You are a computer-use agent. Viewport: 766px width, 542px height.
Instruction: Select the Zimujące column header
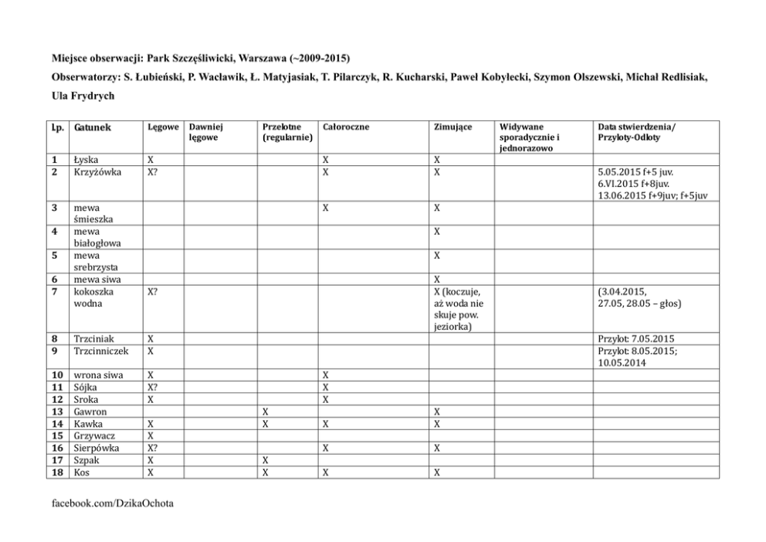coord(452,126)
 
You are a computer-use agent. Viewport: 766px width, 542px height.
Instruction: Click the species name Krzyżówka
coord(97,171)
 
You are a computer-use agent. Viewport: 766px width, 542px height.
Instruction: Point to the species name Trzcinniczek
coord(101,351)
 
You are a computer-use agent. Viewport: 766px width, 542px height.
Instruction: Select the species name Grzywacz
coord(94,435)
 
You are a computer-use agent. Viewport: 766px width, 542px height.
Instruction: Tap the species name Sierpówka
coord(97,448)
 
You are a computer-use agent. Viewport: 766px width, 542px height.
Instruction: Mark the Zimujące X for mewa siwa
coord(437,279)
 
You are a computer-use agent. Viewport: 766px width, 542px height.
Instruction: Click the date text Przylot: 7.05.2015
coord(636,338)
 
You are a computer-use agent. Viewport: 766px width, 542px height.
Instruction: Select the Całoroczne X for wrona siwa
coord(326,375)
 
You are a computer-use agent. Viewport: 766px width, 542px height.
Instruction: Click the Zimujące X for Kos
coord(437,472)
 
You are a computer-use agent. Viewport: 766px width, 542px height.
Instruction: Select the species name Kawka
coord(87,424)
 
